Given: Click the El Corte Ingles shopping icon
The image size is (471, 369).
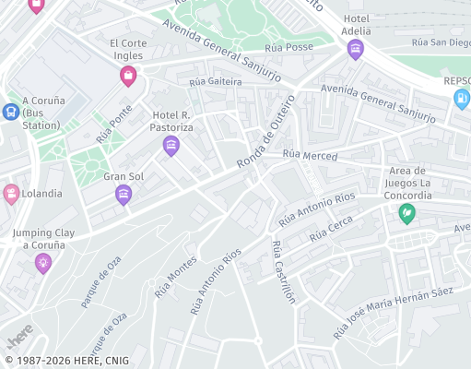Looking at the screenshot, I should tap(128, 77).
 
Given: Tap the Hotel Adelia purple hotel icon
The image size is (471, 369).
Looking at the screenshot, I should tap(356, 51).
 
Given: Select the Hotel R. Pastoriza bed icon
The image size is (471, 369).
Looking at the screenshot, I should tap(171, 145).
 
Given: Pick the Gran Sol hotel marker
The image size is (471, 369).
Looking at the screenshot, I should tap(124, 194).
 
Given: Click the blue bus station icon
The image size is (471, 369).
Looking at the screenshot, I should tap(11, 112).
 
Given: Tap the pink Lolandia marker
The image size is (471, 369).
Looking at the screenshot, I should tap(11, 193).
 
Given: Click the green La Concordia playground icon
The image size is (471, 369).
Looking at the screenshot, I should tap(406, 213).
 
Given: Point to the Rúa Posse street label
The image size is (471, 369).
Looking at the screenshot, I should tap(288, 48).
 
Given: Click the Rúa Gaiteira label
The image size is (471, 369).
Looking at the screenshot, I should tap(215, 82).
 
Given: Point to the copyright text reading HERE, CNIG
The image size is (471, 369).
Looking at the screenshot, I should tap(66, 361).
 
